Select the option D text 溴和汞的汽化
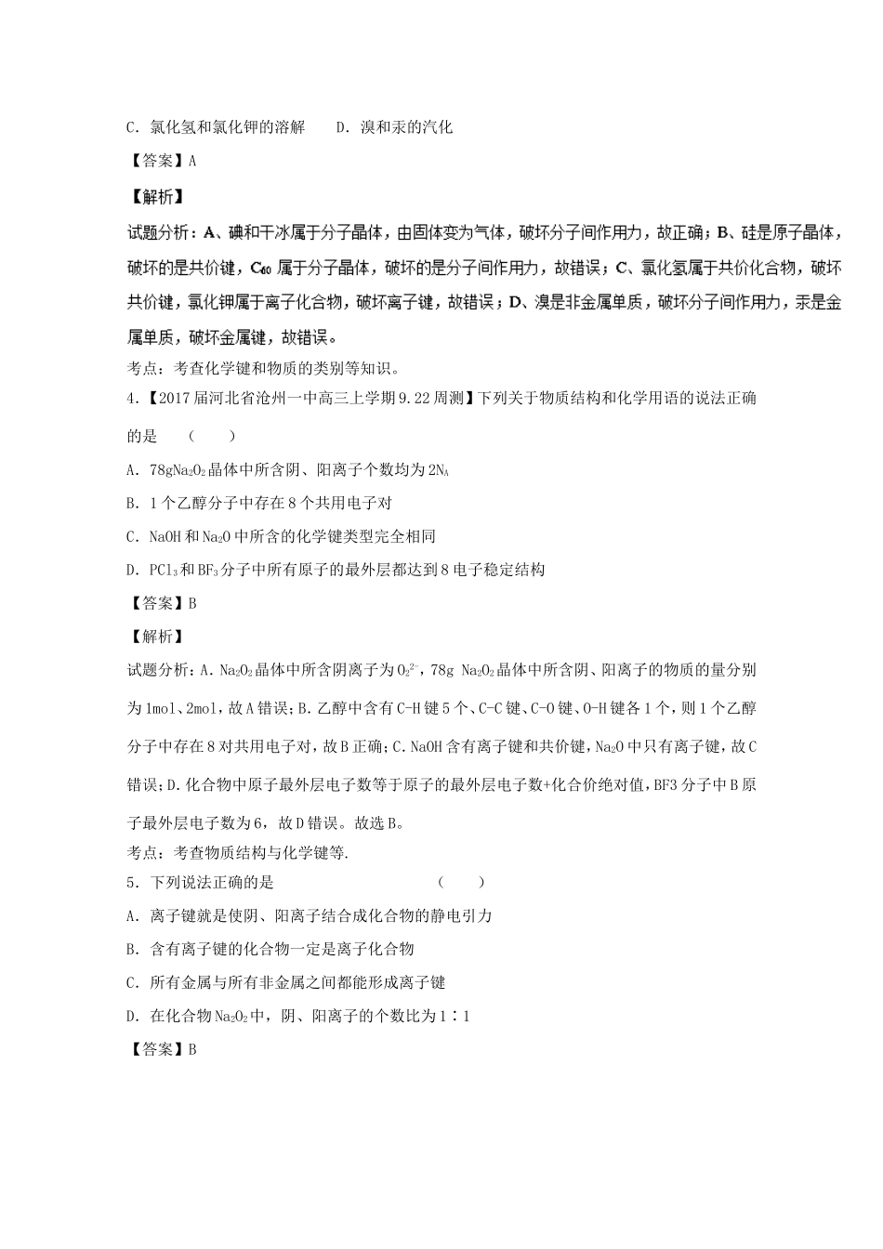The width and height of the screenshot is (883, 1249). coord(394,126)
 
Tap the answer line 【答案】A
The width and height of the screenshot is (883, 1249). coord(162,161)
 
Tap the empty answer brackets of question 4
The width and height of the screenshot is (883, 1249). coord(205,436)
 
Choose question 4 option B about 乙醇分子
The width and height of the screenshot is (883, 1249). coord(258,503)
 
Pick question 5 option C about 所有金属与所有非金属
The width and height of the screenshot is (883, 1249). coord(286,982)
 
